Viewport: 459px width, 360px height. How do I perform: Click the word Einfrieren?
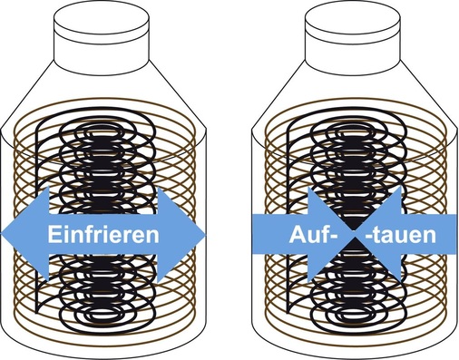click(103, 235)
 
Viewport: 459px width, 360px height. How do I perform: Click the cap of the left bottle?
click(103, 27)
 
